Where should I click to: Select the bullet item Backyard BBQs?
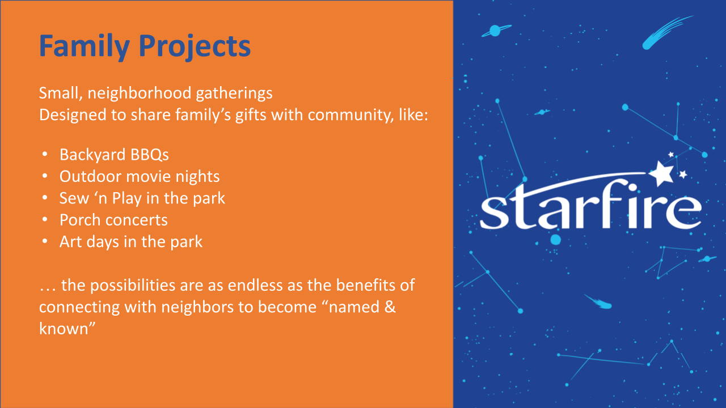pyautogui.click(x=114, y=155)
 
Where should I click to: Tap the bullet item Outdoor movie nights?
pyautogui.click(x=140, y=176)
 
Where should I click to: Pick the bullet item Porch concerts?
pyautogui.click(x=113, y=220)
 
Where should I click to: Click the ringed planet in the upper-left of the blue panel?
pyautogui.click(x=495, y=31)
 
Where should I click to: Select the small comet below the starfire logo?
pyautogui.click(x=600, y=303)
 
